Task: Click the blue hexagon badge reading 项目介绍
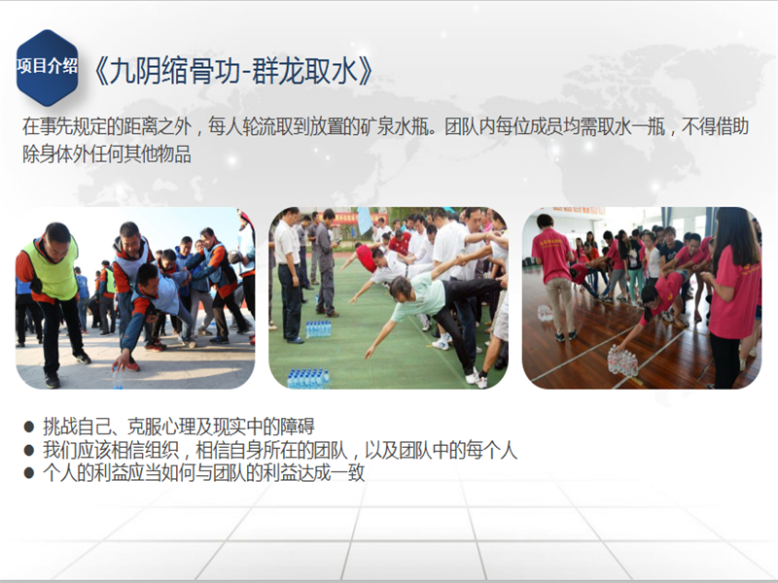(x=47, y=67)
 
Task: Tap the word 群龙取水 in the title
(x=304, y=71)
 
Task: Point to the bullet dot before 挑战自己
(x=29, y=427)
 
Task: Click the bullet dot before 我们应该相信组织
(x=29, y=450)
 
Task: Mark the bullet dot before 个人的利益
(x=29, y=472)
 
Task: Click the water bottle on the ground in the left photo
(x=118, y=378)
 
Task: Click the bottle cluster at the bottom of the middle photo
(x=308, y=378)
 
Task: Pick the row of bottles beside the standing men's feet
(x=318, y=328)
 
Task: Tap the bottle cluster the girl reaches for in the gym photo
(x=622, y=360)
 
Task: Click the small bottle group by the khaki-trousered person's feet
(x=545, y=313)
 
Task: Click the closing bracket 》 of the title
(x=366, y=71)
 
